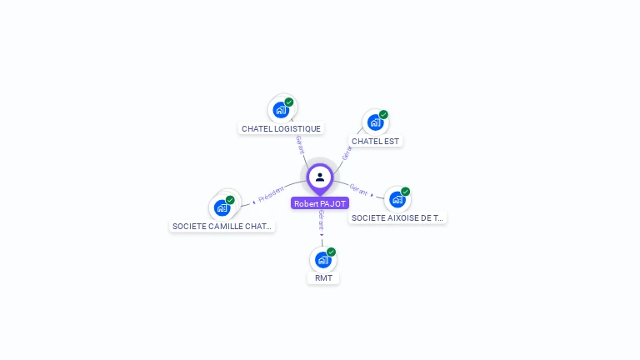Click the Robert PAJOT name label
point(320,203)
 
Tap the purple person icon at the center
point(320,177)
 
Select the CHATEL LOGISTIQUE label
point(281,128)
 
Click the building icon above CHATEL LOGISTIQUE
point(281,109)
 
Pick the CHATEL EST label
point(375,141)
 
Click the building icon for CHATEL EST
point(375,122)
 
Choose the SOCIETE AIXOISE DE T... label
point(397,217)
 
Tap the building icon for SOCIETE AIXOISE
point(397,199)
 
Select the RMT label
point(323,277)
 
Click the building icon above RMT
point(322,259)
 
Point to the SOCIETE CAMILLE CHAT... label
point(222,226)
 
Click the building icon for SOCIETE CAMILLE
point(222,207)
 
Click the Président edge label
point(271,195)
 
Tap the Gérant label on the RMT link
point(321,220)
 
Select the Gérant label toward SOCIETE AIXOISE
point(358,190)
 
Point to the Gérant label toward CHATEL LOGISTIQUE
point(300,144)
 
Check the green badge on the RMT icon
point(331,252)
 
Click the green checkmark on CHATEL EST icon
point(383,114)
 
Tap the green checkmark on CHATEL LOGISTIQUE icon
point(289,102)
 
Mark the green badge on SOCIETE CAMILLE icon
point(230,200)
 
